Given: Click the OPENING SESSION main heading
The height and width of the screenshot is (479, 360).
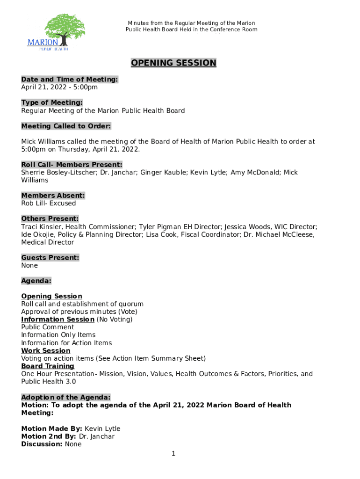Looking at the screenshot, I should [173, 63].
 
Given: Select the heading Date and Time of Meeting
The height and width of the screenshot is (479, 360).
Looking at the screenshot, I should [70, 80].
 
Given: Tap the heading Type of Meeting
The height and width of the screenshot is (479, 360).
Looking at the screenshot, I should [52, 102].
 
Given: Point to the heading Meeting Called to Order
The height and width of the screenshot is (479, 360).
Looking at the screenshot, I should [66, 126].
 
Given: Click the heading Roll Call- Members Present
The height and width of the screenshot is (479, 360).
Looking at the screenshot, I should [72, 165].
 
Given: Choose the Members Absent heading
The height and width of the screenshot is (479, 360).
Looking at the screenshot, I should [53, 196].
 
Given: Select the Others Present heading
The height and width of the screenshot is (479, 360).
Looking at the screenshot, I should [50, 219].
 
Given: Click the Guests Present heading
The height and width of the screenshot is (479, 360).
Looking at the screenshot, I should [50, 258].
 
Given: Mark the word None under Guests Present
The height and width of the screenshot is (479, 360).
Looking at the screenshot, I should [29, 266].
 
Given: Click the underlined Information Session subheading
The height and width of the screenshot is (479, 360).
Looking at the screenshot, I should [58, 319].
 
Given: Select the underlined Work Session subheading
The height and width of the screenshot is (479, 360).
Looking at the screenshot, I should [46, 350].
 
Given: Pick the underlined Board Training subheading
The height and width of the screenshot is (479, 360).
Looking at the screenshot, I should [48, 366].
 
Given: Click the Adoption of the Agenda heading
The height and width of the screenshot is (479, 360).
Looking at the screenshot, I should [66, 397].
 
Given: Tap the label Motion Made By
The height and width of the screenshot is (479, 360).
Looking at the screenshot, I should [52, 428].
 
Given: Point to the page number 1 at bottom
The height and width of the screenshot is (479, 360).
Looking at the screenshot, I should [173, 454].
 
